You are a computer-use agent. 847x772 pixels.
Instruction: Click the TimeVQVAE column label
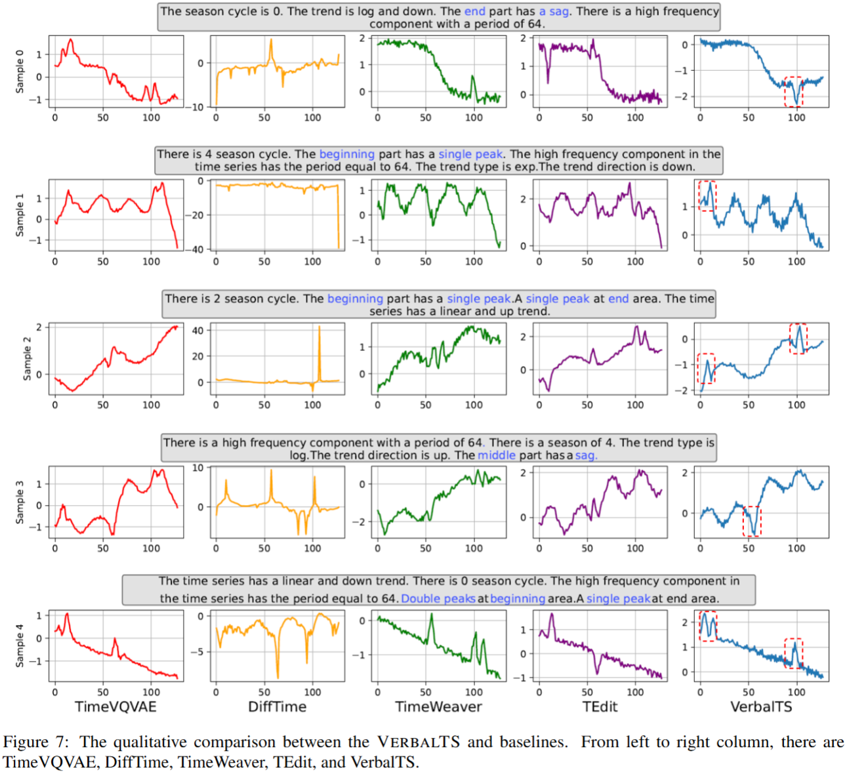(115, 706)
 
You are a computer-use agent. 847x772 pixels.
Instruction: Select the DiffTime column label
(277, 706)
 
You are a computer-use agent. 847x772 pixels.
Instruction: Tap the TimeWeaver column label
(438, 706)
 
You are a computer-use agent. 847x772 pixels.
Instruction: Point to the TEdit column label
(600, 706)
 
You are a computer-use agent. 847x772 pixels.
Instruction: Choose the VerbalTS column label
(761, 706)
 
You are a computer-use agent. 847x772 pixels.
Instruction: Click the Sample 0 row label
(20, 71)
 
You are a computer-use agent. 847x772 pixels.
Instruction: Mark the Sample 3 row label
(20, 502)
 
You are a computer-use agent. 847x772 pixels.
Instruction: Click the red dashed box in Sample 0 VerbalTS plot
(794, 91)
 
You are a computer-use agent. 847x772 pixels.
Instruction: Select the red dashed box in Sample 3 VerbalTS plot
(752, 521)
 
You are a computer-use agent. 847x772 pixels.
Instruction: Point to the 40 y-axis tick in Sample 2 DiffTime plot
(197, 331)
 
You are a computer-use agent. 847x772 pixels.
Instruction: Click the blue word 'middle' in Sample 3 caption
(497, 455)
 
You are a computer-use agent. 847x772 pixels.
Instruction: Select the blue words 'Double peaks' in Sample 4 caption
(438, 598)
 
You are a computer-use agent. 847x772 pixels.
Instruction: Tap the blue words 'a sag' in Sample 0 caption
(554, 11)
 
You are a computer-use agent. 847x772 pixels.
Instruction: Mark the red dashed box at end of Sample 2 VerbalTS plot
(798, 338)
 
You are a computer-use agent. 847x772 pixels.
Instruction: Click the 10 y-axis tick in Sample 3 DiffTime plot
(197, 468)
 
